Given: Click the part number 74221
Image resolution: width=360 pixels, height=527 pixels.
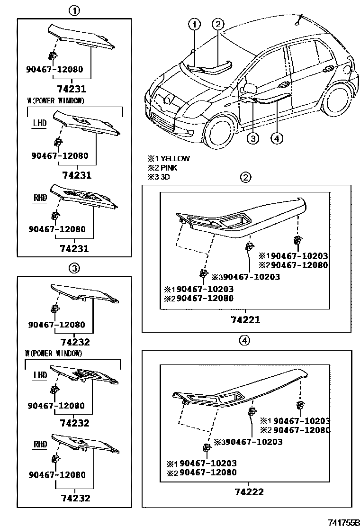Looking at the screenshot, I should tap(245, 320).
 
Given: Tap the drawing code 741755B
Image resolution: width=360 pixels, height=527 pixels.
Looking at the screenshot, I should tap(344, 521).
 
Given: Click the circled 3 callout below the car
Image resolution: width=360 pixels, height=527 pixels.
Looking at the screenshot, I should tap(253, 138).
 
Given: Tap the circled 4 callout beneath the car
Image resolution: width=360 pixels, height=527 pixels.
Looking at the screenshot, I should tap(277, 138).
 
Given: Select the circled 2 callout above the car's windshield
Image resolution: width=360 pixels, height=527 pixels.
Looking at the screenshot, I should tap(217, 24).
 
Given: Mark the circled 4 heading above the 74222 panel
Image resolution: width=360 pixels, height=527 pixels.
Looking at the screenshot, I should tap(244, 340).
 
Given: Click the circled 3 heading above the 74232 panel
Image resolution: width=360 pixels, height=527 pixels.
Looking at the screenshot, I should tap(74, 268).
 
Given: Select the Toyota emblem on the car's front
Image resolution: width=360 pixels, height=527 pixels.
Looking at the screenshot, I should tap(167, 99).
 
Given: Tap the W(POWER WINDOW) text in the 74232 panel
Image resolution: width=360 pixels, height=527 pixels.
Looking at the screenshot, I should tap(54, 354).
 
